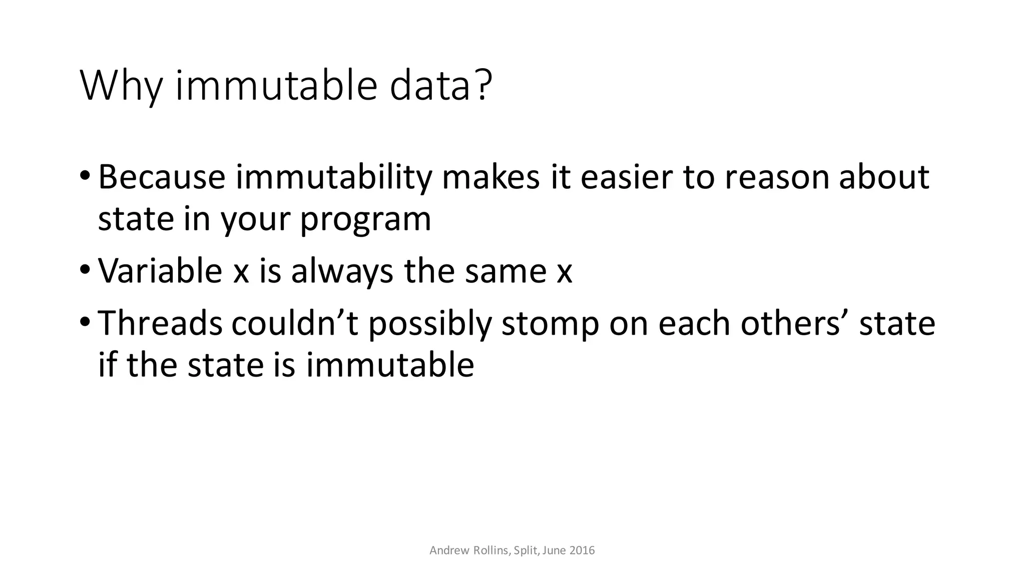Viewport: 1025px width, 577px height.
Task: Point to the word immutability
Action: tap(334, 178)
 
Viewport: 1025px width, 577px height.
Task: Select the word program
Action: tap(365, 220)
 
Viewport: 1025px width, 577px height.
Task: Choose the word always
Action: tap(342, 272)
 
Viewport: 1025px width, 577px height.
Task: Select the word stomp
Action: tap(550, 324)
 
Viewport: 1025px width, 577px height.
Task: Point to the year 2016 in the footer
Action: tap(582, 550)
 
